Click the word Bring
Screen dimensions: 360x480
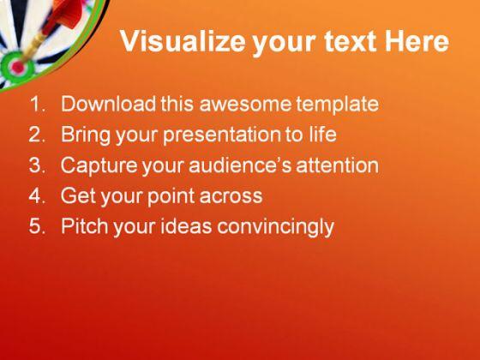(x=86, y=135)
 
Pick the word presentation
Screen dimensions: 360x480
(x=226, y=135)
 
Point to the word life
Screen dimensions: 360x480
(x=321, y=135)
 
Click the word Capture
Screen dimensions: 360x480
(x=99, y=165)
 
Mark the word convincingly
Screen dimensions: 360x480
(x=277, y=227)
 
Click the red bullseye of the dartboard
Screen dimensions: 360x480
(x=16, y=64)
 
